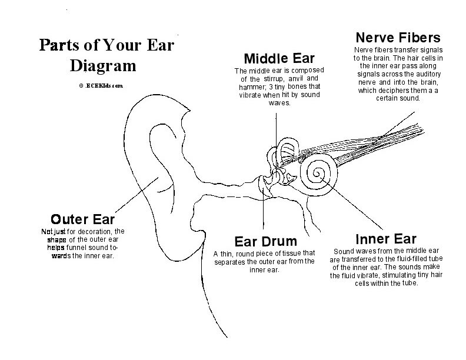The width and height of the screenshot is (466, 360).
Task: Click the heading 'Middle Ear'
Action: pos(279,58)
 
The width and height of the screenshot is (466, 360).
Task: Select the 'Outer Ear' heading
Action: pos(82,219)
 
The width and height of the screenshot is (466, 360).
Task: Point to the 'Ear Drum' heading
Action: pos(265,241)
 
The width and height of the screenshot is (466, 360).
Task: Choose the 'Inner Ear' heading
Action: pos(386,239)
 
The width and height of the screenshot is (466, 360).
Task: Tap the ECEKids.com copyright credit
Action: pos(100,85)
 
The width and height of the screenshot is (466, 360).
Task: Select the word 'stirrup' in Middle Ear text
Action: pos(275,79)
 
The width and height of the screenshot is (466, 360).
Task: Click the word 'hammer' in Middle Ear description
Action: pos(252,86)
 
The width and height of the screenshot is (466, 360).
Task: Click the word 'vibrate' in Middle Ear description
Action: pos(252,95)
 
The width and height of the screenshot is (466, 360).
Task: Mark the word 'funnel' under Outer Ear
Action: pos(78,248)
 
